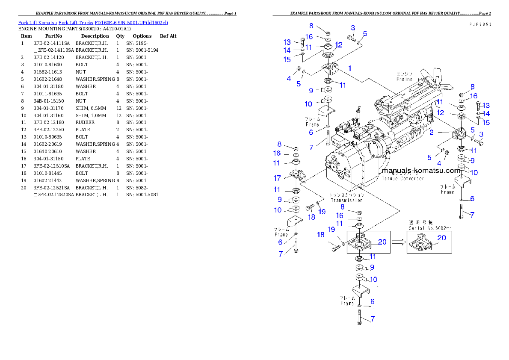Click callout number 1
tap(349, 68)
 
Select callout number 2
tap(432, 133)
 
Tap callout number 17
tap(277, 178)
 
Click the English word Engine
tap(404, 79)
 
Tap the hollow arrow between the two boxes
tap(398, 242)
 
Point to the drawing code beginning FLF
tap(479, 25)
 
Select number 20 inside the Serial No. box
tap(441, 238)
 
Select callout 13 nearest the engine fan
tap(486, 106)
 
